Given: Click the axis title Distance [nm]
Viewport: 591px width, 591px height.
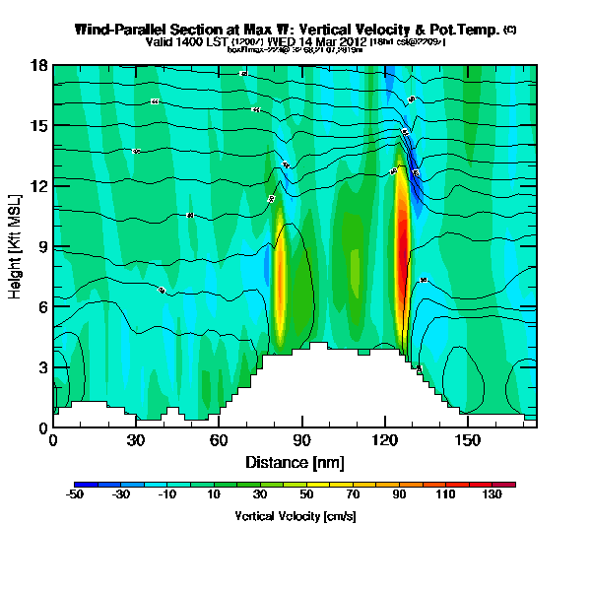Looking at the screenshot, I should (293, 461).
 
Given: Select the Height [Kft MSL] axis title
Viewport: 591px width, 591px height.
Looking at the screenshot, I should (17, 246).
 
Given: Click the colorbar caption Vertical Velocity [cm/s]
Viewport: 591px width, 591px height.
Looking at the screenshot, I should (295, 515).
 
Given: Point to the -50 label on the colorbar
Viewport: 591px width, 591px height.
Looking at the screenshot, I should (75, 495).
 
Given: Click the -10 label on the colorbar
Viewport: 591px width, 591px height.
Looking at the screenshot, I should (168, 495).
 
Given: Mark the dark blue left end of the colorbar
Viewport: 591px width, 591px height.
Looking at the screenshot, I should (80, 484).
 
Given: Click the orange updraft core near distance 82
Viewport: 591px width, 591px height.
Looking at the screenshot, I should (279, 286).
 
